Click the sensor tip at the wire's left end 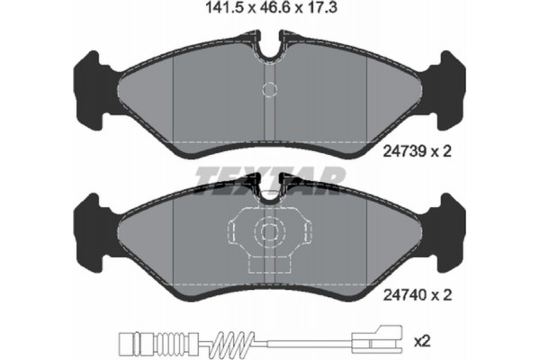123,342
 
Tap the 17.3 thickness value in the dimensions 319,12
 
